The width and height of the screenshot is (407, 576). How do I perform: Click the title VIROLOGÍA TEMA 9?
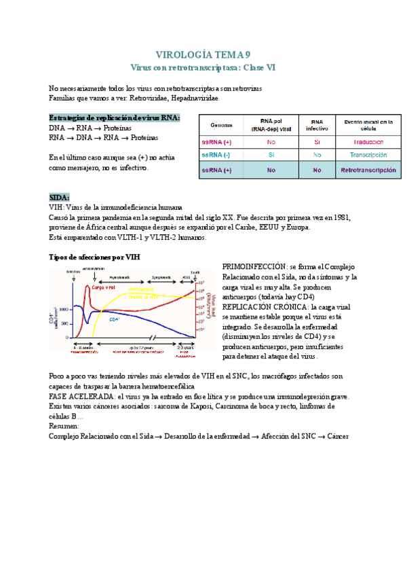[x=203, y=55]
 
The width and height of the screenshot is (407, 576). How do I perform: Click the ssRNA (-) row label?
[x=216, y=155]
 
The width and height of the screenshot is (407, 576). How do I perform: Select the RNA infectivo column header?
[x=317, y=126]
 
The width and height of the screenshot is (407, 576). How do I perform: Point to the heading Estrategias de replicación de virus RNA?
[x=115, y=117]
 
